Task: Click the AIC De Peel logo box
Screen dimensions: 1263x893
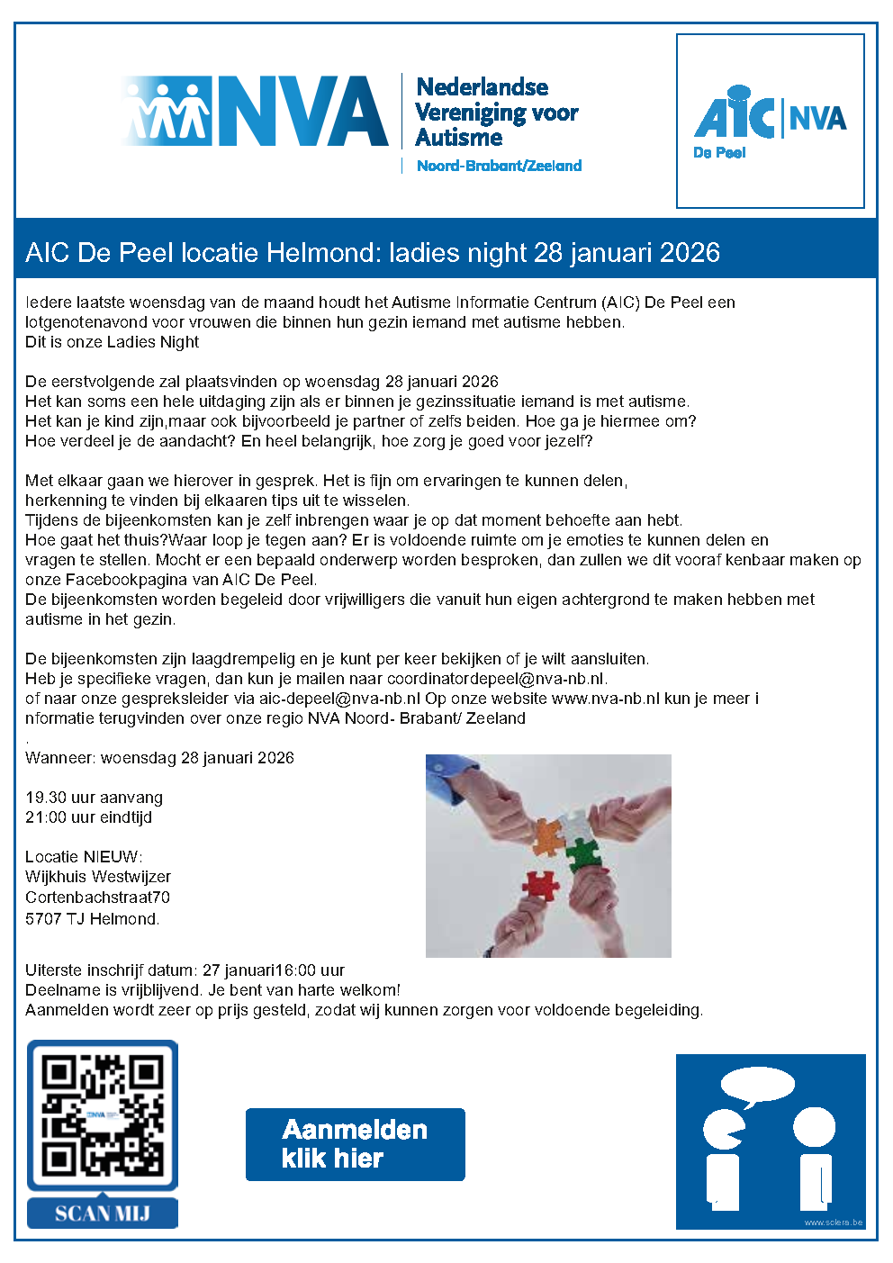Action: pyautogui.click(x=770, y=122)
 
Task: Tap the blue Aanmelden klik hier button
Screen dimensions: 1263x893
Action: pyautogui.click(x=355, y=1144)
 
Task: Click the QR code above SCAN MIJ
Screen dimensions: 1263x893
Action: pyautogui.click(x=103, y=1115)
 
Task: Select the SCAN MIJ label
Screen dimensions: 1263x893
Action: pyautogui.click(x=103, y=1213)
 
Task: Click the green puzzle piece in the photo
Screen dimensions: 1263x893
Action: pyautogui.click(x=583, y=853)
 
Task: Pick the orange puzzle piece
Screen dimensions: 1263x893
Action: pyautogui.click(x=547, y=836)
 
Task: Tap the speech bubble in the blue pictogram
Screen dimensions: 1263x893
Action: pyautogui.click(x=758, y=1087)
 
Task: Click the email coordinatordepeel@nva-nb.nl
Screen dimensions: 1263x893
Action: pyautogui.click(x=495, y=679)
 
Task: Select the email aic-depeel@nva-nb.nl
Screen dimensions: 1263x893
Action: pyautogui.click(x=339, y=699)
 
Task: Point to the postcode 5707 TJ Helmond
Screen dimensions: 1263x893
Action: pyautogui.click(x=92, y=919)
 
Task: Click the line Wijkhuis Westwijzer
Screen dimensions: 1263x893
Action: pyautogui.click(x=97, y=877)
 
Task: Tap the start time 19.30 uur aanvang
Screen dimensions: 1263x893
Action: pyautogui.click(x=94, y=798)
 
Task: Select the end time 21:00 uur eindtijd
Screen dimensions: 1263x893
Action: pyautogui.click(x=88, y=817)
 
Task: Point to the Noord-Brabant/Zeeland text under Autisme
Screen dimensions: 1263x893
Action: pyautogui.click(x=499, y=166)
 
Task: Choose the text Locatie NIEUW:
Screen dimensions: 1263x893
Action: pyautogui.click(x=84, y=857)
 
